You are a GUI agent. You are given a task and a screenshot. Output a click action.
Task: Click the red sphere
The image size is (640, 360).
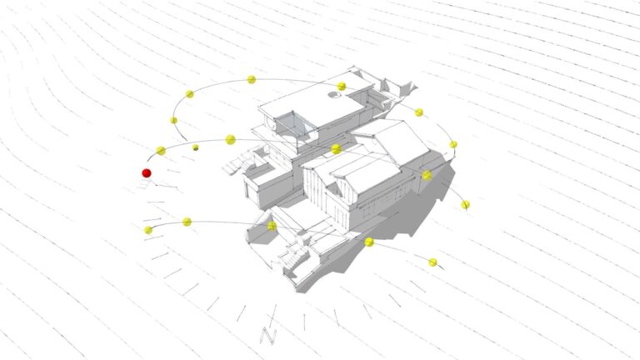(x=147, y=173)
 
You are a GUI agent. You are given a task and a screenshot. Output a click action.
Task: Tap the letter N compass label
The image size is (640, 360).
(x=268, y=336)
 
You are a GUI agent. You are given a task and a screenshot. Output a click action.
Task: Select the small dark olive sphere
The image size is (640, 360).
(x=196, y=147)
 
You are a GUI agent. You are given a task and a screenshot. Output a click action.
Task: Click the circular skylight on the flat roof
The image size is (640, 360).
(x=334, y=95)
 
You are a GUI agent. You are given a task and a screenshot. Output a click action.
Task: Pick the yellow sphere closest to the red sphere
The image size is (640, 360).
(x=161, y=151)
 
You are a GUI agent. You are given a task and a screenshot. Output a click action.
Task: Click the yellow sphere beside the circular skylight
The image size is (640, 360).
(x=342, y=86)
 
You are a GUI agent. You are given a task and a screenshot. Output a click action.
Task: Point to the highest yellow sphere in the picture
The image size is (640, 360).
(x=252, y=80)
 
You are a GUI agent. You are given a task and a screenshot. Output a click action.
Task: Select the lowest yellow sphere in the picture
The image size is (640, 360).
(x=433, y=262)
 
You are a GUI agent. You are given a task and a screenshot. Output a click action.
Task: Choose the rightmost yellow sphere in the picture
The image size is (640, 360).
(x=465, y=205)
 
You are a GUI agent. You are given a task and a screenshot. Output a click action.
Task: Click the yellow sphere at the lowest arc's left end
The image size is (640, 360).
(x=148, y=230)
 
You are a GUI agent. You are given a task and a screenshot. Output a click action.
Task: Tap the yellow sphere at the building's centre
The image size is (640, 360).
(x=337, y=149)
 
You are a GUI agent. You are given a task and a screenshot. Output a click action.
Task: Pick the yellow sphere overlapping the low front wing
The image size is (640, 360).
(x=272, y=226)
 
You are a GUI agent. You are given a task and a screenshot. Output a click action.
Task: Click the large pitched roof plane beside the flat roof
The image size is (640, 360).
(x=402, y=142)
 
